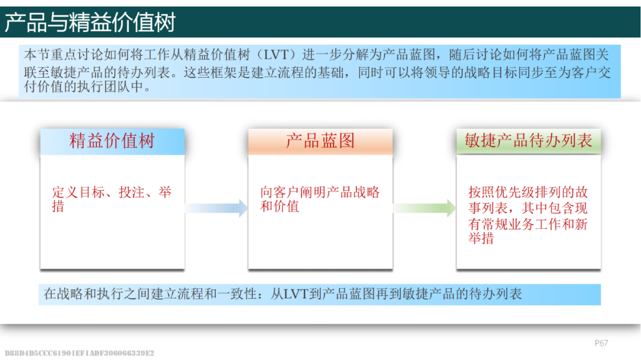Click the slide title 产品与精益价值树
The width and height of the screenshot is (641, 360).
pos(90,22)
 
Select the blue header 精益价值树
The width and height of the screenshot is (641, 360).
pos(112,141)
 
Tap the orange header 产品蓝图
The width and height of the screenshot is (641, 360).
pos(320,141)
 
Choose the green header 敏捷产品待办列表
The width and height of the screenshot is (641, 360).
pos(528,141)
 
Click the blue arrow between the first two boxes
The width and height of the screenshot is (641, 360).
pos(216,208)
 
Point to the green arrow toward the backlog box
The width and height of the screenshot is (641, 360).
pos(424,208)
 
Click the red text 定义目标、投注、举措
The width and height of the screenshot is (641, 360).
pos(112,199)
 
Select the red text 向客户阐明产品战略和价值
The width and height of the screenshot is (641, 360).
pos(320,199)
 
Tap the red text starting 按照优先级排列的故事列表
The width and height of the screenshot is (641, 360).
pos(528,215)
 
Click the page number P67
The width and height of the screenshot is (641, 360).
pos(601,343)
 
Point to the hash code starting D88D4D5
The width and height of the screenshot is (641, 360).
pos(80,353)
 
